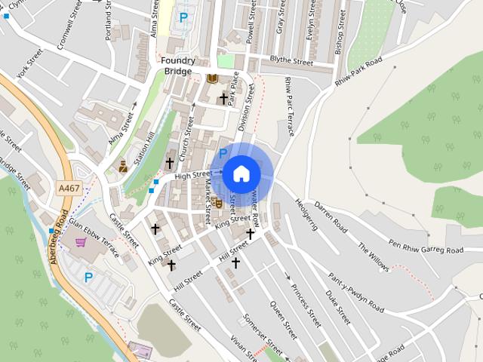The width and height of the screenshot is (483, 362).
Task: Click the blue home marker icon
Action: (241, 173)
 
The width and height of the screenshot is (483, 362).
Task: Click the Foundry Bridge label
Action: (179, 66)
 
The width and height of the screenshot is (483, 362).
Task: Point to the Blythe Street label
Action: (291, 61)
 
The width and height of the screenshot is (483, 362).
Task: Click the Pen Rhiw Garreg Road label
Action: (425, 247)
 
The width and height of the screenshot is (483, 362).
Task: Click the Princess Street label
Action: (306, 305)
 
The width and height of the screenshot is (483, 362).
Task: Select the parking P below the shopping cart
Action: (88, 278)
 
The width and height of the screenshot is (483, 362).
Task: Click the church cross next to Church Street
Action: (170, 162)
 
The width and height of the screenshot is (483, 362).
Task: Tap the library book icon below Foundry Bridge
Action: (212, 78)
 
